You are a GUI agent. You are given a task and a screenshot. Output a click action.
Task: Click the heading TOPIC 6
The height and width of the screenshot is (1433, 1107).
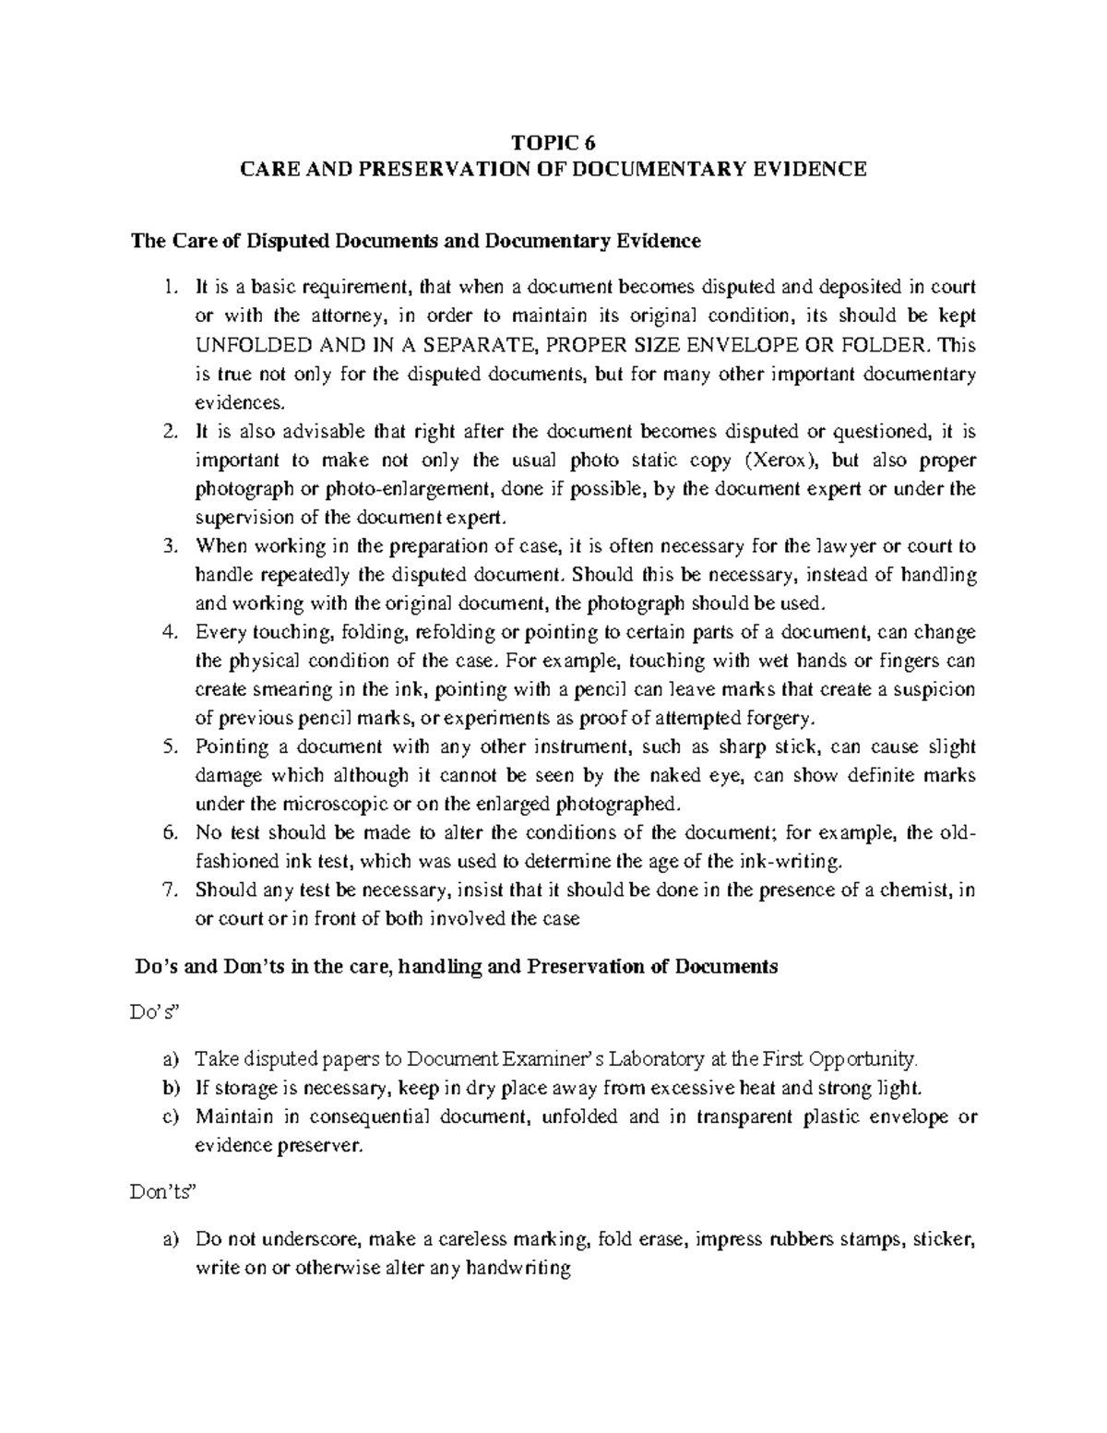click(553, 142)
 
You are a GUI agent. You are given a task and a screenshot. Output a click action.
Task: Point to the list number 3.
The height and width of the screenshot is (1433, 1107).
click(168, 547)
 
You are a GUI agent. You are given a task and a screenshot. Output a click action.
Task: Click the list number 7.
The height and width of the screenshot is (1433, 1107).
click(168, 891)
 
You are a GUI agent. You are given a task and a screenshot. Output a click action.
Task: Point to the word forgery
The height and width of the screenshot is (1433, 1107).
click(783, 719)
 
